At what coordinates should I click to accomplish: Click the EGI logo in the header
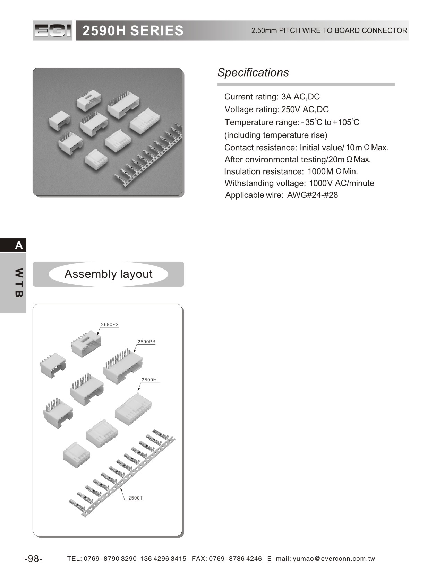click(53, 30)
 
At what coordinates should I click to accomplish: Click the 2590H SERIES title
click(133, 31)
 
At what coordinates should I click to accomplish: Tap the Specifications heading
click(253, 72)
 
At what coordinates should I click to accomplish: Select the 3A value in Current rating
click(286, 97)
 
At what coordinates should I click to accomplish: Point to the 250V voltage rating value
click(290, 109)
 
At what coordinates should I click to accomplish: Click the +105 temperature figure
click(342, 122)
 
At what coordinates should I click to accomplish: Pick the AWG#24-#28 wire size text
click(312, 195)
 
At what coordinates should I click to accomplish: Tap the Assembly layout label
click(108, 274)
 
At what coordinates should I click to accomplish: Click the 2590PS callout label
click(110, 325)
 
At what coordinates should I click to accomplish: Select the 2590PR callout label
click(146, 342)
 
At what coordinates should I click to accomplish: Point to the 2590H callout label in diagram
click(149, 380)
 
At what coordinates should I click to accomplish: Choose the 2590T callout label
click(135, 498)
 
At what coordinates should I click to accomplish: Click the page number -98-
click(34, 559)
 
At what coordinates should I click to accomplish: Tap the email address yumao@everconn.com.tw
click(334, 559)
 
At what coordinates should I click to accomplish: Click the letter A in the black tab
click(19, 245)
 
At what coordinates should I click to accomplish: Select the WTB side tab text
click(19, 283)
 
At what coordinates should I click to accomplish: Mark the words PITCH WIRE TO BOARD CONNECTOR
click(343, 30)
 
